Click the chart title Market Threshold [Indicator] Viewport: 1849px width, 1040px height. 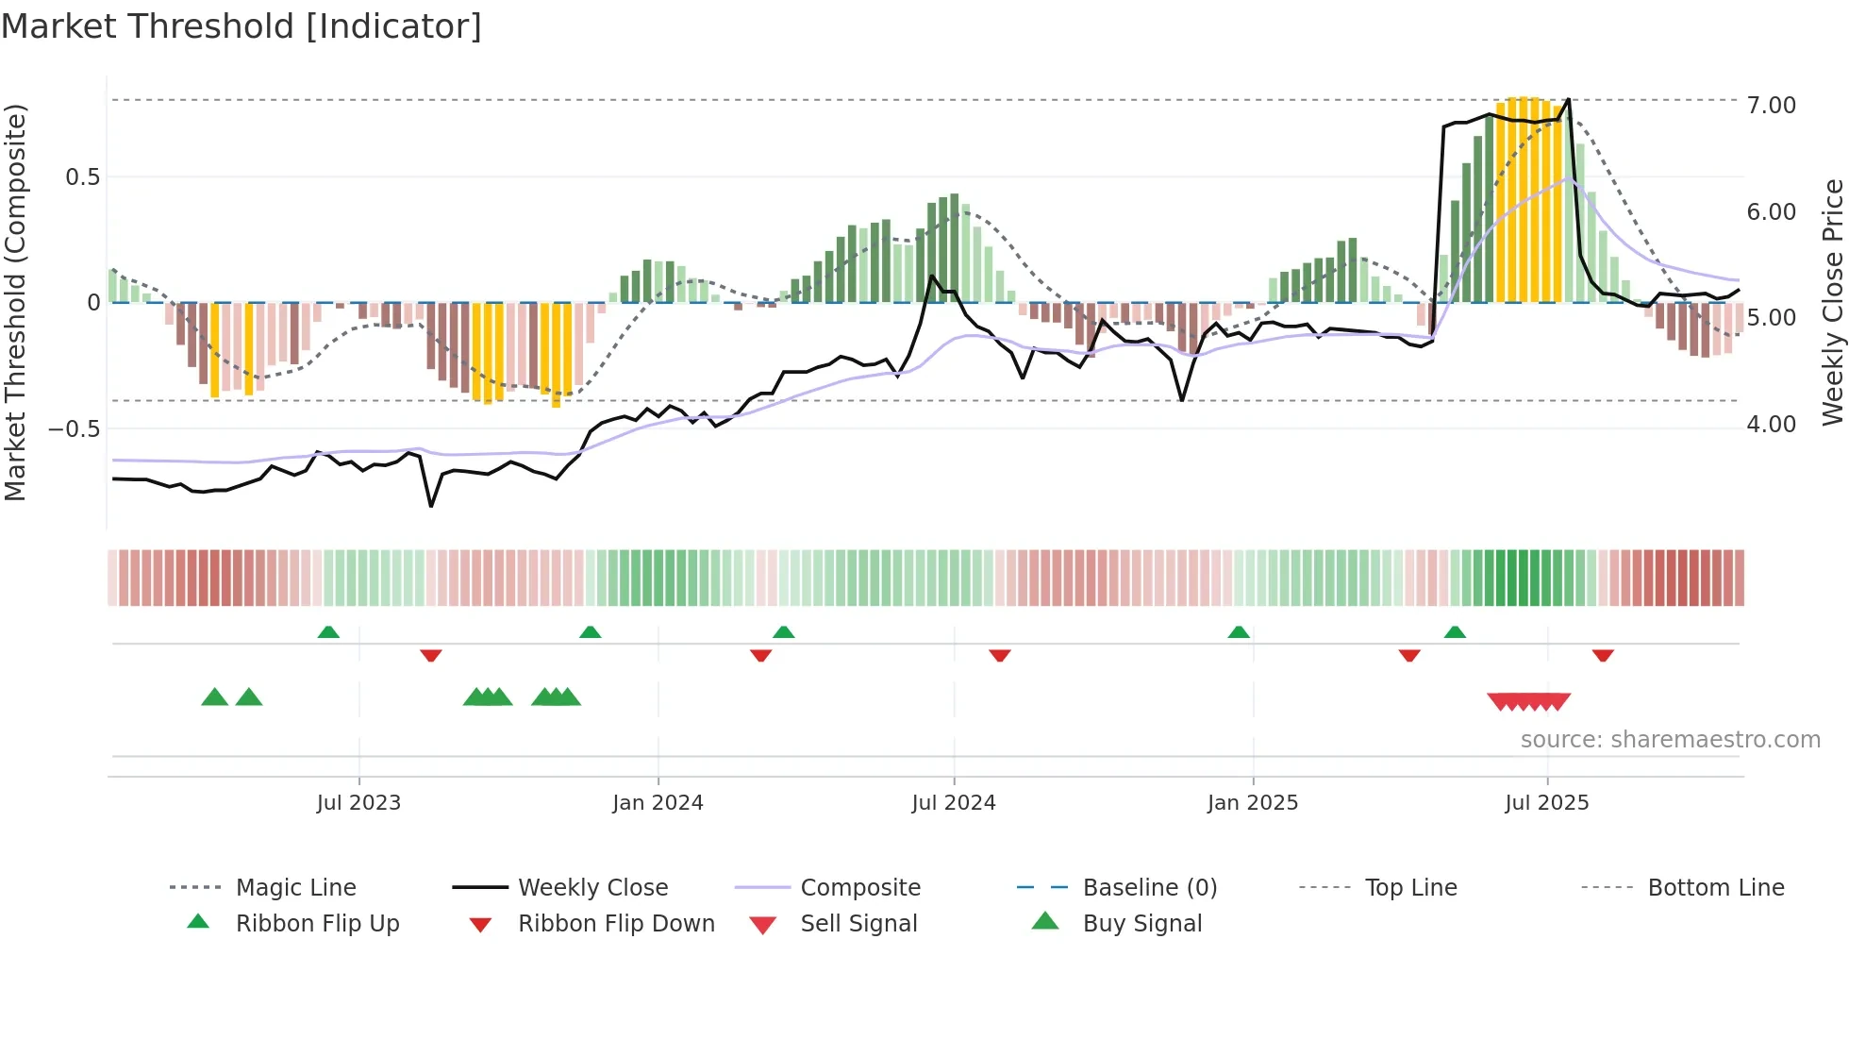click(242, 26)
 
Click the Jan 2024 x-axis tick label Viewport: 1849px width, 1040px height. click(658, 803)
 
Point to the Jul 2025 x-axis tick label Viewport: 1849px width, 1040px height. click(1546, 803)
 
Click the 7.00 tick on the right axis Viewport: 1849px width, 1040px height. click(1771, 106)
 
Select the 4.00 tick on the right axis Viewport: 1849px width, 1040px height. click(1771, 425)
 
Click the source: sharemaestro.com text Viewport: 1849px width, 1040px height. click(1670, 740)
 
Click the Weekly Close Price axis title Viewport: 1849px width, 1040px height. click(1832, 302)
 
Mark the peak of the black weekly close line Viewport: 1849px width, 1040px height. click(1568, 99)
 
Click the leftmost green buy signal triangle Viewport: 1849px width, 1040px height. click(215, 697)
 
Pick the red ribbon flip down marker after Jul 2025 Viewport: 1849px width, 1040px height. click(1603, 655)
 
